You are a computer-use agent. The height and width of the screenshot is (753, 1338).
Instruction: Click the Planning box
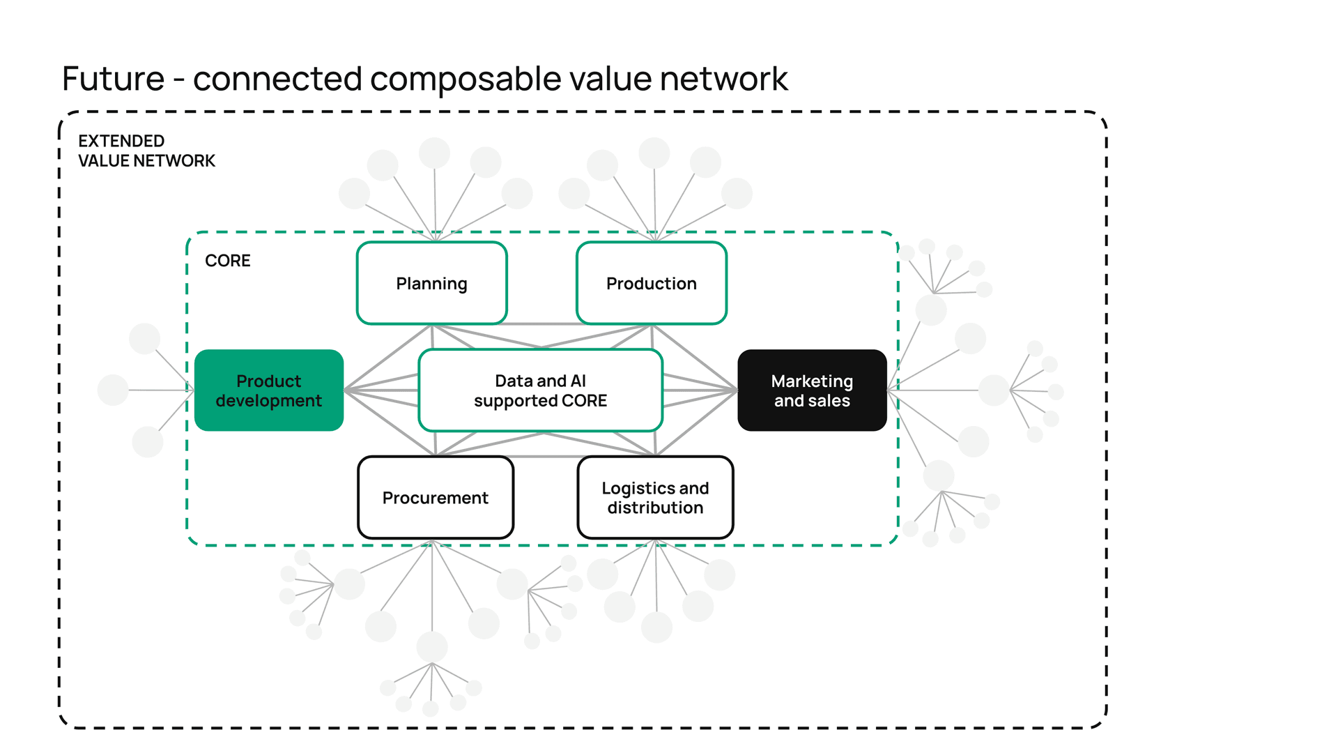click(x=431, y=283)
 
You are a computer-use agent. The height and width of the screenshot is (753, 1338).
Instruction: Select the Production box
click(x=651, y=283)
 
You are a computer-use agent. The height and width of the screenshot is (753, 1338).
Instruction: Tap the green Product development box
click(x=268, y=390)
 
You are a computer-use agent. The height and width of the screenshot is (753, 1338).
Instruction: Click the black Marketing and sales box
click(x=812, y=390)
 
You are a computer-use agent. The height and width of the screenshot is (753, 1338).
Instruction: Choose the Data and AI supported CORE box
click(x=540, y=390)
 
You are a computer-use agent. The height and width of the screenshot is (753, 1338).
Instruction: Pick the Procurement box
click(x=435, y=498)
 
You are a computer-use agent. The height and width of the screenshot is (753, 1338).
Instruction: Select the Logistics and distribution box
click(x=655, y=498)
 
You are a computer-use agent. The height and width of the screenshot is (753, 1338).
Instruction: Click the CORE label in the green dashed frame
click(x=227, y=261)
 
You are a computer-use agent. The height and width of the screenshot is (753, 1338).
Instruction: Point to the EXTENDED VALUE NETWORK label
click(x=146, y=151)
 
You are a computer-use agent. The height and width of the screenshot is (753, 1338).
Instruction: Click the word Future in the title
click(x=113, y=79)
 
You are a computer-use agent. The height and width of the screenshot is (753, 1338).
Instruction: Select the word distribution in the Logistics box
click(x=655, y=508)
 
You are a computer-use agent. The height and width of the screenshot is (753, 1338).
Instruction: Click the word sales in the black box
click(x=830, y=401)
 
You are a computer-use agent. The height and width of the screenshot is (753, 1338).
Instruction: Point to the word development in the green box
click(x=268, y=401)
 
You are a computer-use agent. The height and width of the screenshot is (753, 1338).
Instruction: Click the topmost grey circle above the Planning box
click(x=434, y=153)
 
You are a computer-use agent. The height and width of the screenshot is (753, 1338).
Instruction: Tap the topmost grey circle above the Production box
click(x=654, y=153)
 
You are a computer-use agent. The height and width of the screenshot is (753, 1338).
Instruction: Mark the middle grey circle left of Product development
click(x=113, y=390)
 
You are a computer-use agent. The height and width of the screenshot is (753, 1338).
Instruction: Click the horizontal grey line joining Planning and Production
click(x=541, y=324)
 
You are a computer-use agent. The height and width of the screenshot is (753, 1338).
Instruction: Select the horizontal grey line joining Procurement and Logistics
click(x=546, y=456)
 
